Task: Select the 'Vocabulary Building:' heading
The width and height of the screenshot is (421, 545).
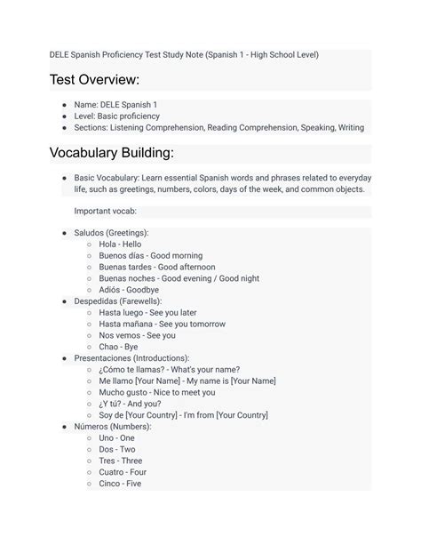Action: tap(111, 152)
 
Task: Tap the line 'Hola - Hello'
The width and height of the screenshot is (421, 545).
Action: tap(120, 244)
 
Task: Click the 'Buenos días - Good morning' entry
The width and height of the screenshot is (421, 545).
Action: tap(150, 255)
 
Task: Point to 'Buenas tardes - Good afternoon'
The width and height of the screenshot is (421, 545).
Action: tap(156, 267)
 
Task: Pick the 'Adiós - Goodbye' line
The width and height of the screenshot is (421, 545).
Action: tap(129, 290)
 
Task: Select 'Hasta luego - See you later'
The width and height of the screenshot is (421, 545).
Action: tap(147, 313)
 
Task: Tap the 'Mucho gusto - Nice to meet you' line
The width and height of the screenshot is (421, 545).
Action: tap(156, 392)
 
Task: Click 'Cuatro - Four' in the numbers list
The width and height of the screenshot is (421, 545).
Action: tap(123, 472)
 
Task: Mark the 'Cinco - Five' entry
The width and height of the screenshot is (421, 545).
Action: tap(120, 484)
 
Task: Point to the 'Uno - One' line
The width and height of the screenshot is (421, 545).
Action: tap(116, 438)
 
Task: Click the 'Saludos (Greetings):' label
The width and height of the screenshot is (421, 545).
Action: tap(112, 232)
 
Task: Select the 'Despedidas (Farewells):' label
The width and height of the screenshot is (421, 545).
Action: tap(118, 301)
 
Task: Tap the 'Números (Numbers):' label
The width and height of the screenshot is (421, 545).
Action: tap(113, 427)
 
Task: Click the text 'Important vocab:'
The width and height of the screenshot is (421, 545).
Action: tap(105, 211)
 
